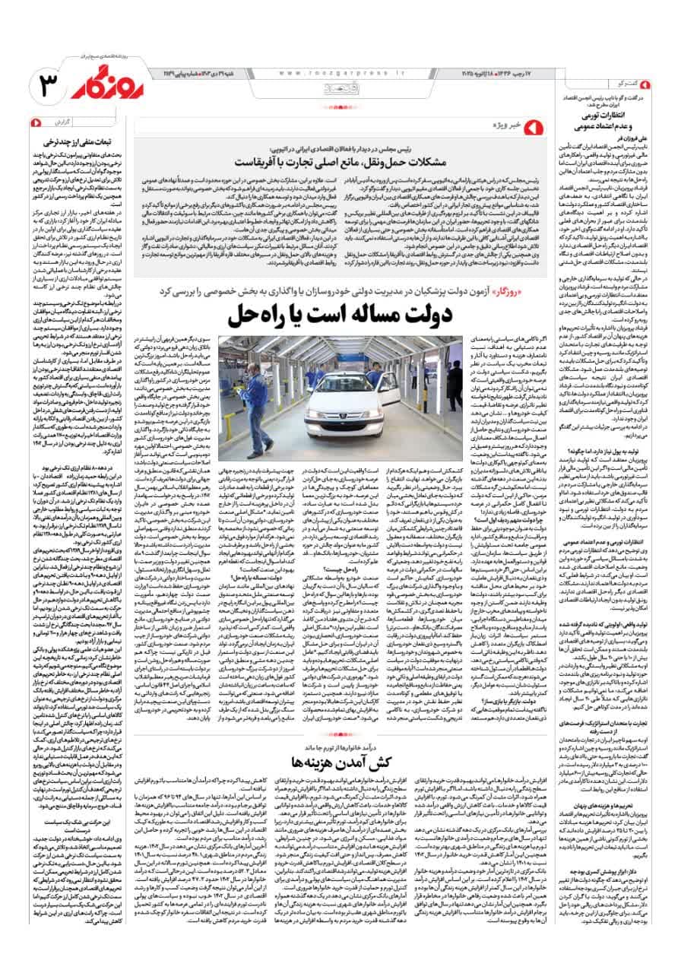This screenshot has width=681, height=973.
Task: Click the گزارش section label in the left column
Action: point(58,122)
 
